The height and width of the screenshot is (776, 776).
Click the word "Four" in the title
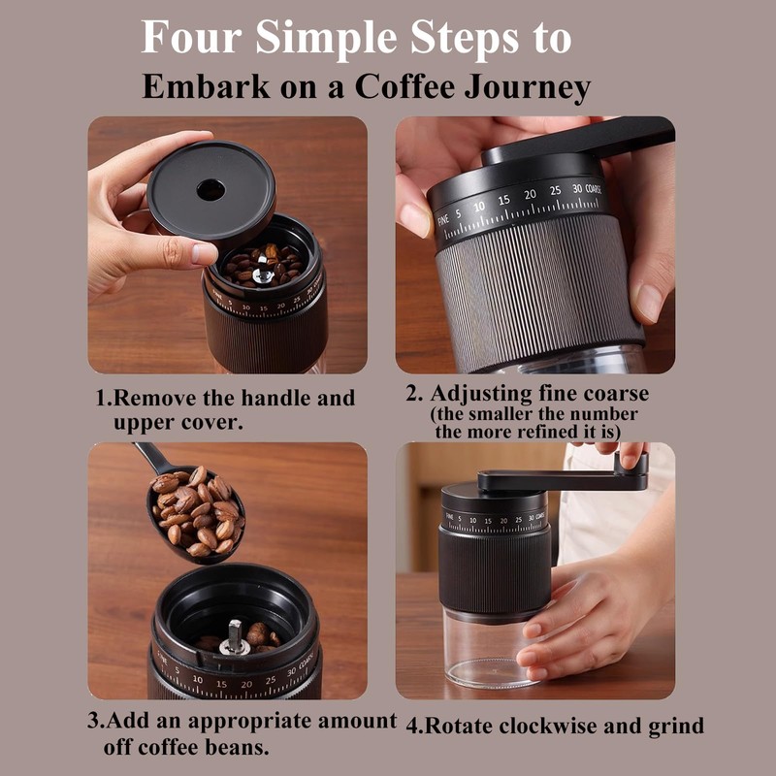click(191, 37)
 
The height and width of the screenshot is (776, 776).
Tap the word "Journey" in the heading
click(528, 87)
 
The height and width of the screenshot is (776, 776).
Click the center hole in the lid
click(210, 190)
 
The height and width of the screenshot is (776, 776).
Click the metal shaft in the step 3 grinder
click(234, 637)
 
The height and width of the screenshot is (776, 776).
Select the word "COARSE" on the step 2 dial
click(594, 188)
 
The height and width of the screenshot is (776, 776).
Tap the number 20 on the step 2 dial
click(530, 195)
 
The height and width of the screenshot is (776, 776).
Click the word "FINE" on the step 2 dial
click(443, 219)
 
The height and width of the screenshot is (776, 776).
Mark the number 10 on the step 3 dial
click(198, 680)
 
